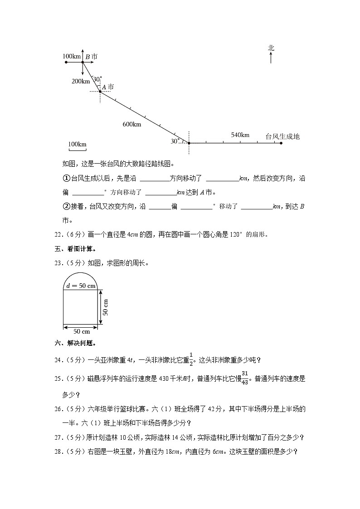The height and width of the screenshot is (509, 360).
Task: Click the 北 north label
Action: [x=271, y=48]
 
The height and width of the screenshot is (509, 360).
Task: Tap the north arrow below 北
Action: [x=271, y=58]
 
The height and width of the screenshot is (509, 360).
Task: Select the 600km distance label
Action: [x=131, y=124]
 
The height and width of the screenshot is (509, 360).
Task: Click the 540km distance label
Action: [x=240, y=135]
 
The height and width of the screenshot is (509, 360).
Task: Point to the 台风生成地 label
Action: [x=282, y=136]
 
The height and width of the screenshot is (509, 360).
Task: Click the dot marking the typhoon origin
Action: [x=281, y=143]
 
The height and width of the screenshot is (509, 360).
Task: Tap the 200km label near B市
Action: [x=81, y=81]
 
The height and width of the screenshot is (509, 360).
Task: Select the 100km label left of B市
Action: [x=71, y=56]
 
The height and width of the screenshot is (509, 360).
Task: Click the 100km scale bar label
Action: [x=77, y=144]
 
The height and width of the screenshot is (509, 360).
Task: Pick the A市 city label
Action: [x=108, y=87]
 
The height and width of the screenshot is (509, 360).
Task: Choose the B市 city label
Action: [x=91, y=57]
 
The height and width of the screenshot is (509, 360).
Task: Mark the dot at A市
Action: [x=100, y=92]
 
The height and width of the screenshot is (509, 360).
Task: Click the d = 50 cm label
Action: [x=81, y=286]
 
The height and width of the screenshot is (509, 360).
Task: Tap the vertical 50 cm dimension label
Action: [x=105, y=307]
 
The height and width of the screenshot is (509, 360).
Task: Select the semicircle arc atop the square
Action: [x=80, y=272]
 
